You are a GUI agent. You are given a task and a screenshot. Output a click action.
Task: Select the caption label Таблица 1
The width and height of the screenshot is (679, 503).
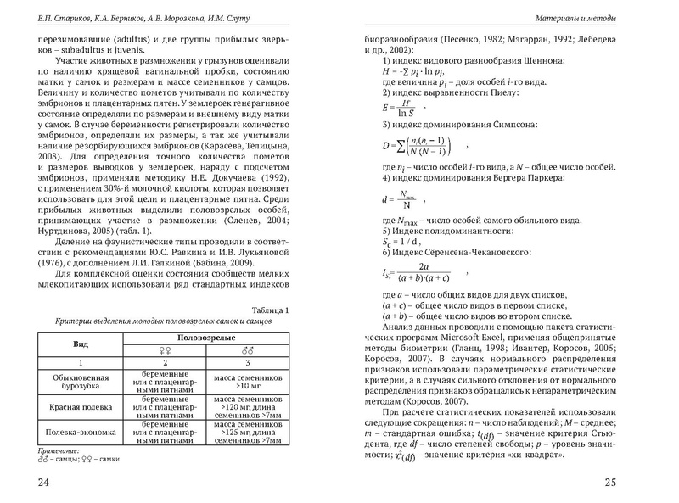pos(269,310)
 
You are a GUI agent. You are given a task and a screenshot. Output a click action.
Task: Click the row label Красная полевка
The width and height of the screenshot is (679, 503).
pos(82,406)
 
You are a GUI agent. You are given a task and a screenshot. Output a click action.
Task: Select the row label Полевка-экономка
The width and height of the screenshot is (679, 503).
pos(82,433)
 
